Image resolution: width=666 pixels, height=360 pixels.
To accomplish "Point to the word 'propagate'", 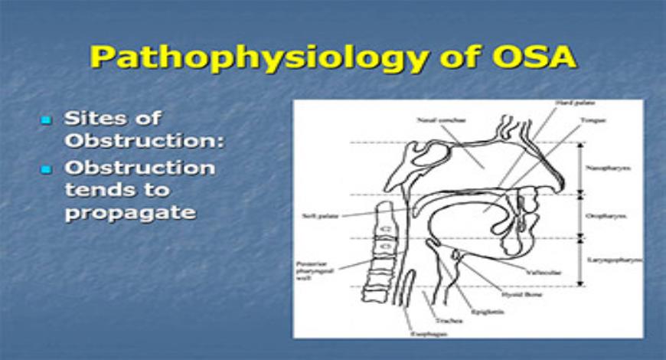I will coord(129,212).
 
